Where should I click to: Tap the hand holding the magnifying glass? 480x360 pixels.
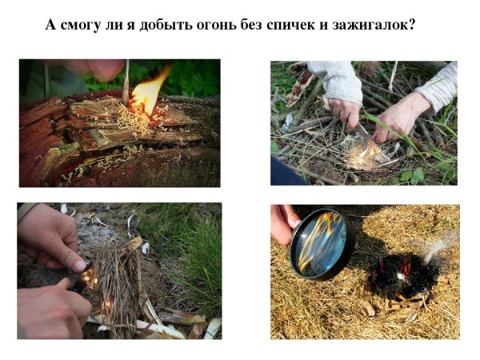(284, 223)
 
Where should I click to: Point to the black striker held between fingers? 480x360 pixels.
(81, 277)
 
